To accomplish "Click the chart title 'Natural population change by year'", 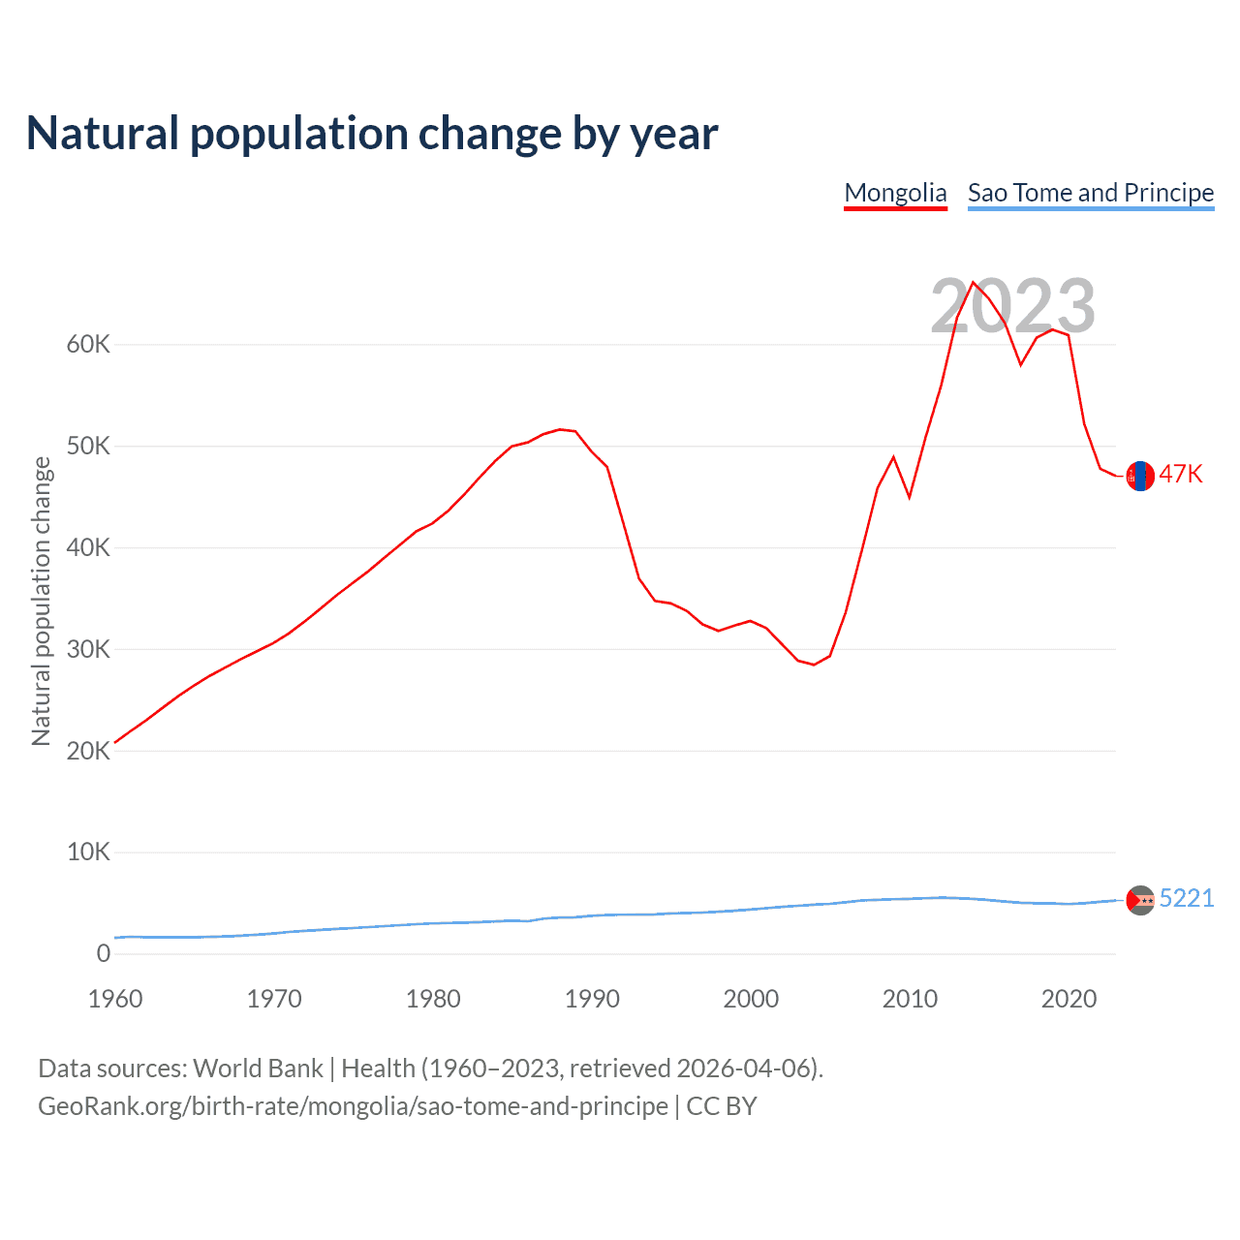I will (x=372, y=134).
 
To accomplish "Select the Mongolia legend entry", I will (x=895, y=193).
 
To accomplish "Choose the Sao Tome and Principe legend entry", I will (x=1091, y=193).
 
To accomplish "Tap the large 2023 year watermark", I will (x=1012, y=306).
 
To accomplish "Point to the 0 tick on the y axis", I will (x=104, y=954).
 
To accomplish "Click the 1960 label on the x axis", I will (x=115, y=999).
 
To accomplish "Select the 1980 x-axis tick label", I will (x=433, y=999).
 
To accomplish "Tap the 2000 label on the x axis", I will (x=751, y=999).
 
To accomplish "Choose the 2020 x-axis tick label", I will (x=1069, y=999).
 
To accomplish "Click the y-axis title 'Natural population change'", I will (x=42, y=602).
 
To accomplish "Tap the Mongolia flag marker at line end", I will (x=1140, y=476).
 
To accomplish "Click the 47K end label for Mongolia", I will (x=1181, y=474).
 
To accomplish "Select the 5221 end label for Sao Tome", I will (x=1187, y=898).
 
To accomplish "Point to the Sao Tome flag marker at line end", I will (x=1140, y=901).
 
